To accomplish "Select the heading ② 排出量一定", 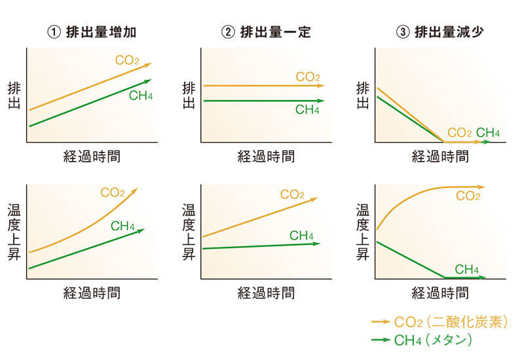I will pyautogui.click(x=266, y=31).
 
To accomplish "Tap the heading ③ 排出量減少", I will pyautogui.click(x=440, y=31).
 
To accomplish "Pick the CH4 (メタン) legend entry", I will pyautogui.click(x=432, y=340).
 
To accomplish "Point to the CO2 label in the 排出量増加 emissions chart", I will pyautogui.click(x=127, y=60).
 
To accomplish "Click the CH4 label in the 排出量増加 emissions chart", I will pyautogui.click(x=141, y=97).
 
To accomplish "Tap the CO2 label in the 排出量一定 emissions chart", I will pyautogui.click(x=308, y=77).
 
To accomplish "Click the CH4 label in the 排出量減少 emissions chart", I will pyautogui.click(x=488, y=134).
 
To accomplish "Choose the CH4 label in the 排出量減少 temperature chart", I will pyautogui.click(x=466, y=269).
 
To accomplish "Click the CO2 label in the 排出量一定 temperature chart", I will pyautogui.click(x=292, y=194).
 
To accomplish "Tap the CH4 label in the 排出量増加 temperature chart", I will pyautogui.click(x=122, y=226).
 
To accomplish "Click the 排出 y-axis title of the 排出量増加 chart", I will pyautogui.click(x=14, y=95).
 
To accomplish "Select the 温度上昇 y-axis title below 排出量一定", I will pyautogui.click(x=189, y=232).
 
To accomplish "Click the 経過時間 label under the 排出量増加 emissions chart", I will pyautogui.click(x=92, y=156).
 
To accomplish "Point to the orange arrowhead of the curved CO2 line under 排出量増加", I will pyautogui.click(x=135, y=190).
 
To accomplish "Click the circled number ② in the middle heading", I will pyautogui.click(x=228, y=31).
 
